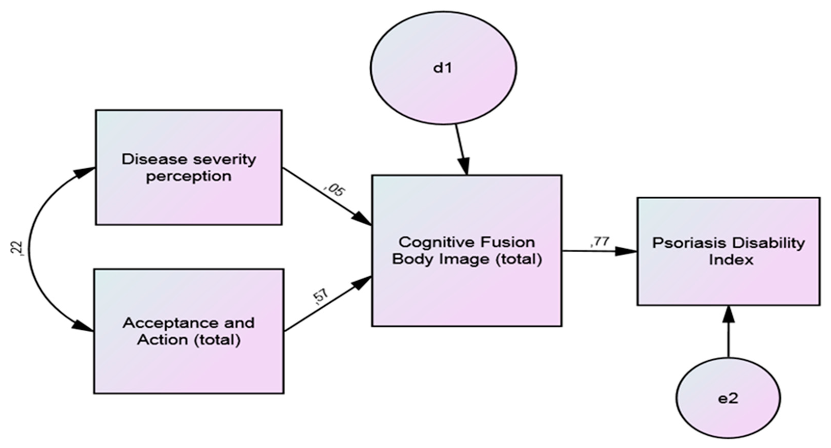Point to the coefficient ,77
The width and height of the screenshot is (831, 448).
[599, 242]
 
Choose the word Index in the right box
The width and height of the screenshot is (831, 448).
[731, 260]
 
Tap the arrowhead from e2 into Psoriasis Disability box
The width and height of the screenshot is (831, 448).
[728, 315]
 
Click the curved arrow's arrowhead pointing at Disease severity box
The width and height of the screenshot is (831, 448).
[85, 171]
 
